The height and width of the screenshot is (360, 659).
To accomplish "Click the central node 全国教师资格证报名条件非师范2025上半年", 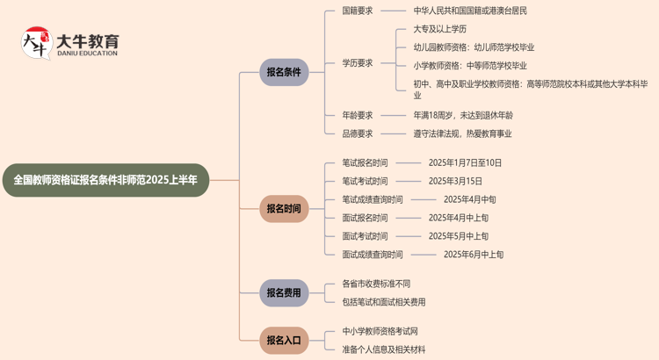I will pos(106,180).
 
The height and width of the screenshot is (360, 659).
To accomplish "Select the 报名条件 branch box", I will pos(284,73).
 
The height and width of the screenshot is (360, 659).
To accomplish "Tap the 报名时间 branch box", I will pos(284,209).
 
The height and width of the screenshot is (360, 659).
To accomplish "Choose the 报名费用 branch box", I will pos(284,293).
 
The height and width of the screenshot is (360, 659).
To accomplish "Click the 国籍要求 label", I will pos(358,11).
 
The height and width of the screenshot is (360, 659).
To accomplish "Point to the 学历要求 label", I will pos(358,63).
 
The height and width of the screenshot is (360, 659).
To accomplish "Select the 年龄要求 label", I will pos(358,115).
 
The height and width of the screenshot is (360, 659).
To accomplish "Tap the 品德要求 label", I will pos(358,134).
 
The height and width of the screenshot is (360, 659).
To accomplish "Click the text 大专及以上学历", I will pos(440,29).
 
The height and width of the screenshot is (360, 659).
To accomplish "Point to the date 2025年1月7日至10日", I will pos(465,162).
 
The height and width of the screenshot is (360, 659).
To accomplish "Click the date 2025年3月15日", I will pos(455,181).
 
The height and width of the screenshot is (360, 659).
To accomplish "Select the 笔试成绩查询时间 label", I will pos(373,199).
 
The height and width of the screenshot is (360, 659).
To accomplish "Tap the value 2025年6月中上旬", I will pos(474,255).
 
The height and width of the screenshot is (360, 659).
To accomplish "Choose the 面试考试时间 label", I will pos(365,236).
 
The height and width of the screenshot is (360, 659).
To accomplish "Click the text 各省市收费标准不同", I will pos(376,284).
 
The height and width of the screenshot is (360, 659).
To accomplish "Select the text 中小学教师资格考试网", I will pos(380,331).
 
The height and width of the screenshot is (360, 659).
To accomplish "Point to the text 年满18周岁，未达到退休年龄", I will pos(463,115).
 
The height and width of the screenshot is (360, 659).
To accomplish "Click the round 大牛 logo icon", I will pos(36,43).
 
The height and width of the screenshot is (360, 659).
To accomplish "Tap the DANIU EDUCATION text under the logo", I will pos(87,54).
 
